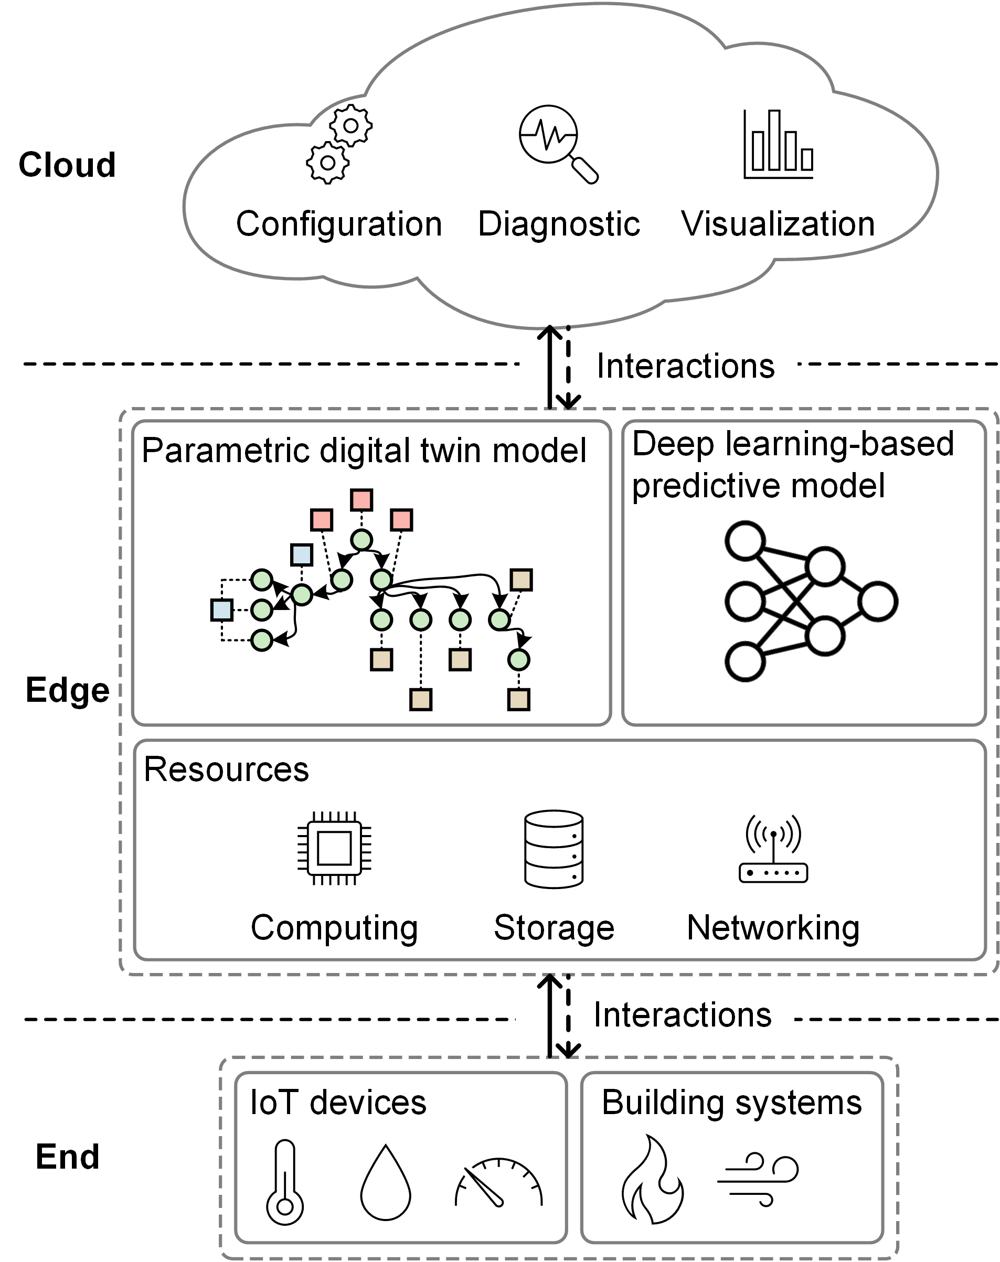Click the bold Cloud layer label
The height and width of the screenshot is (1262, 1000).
tap(67, 165)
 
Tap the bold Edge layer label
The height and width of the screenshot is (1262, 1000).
tap(67, 690)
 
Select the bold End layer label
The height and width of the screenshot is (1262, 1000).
tap(67, 1157)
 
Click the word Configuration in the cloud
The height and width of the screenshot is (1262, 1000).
tap(338, 223)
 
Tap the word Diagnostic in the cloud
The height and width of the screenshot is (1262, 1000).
tap(559, 223)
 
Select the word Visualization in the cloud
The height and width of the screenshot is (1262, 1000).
tap(778, 223)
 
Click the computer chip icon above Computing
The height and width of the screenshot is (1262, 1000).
tap(334, 848)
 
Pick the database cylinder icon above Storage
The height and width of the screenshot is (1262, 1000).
tap(554, 849)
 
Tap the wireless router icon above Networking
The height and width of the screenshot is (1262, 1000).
tap(773, 849)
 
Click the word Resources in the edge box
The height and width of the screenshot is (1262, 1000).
tap(226, 769)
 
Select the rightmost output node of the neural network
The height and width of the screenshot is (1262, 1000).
tap(878, 601)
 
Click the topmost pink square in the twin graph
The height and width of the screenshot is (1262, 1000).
tap(361, 500)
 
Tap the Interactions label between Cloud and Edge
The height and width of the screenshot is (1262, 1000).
tap(686, 367)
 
